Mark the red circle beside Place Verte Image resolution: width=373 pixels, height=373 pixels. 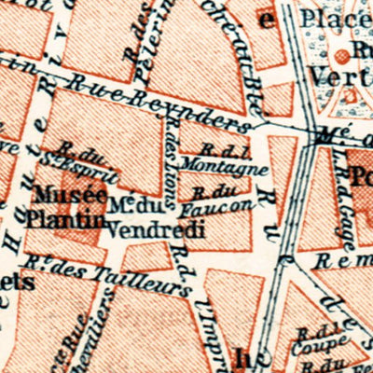[355, 54]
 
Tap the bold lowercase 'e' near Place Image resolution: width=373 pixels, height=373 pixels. [268, 20]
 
